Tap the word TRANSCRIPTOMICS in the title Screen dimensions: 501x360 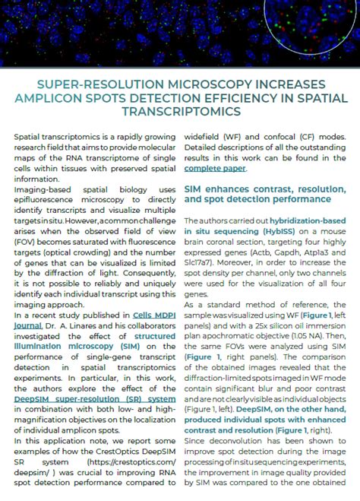[180, 111]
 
